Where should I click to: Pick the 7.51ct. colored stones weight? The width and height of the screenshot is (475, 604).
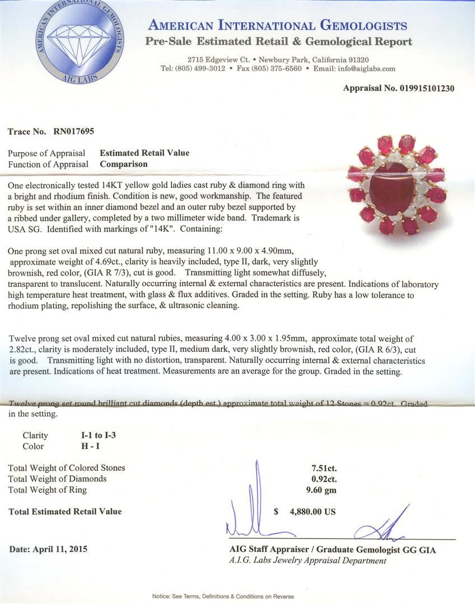(324, 468)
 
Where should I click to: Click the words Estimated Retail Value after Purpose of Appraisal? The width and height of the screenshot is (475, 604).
(145, 153)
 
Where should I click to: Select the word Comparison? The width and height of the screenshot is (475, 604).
(124, 164)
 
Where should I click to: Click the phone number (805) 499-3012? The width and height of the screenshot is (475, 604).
(199, 69)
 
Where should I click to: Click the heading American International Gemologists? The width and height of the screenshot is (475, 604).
(277, 25)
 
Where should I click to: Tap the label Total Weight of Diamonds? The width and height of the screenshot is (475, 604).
(57, 479)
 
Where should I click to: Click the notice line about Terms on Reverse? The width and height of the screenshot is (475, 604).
(223, 596)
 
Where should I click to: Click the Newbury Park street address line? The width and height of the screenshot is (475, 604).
(278, 60)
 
